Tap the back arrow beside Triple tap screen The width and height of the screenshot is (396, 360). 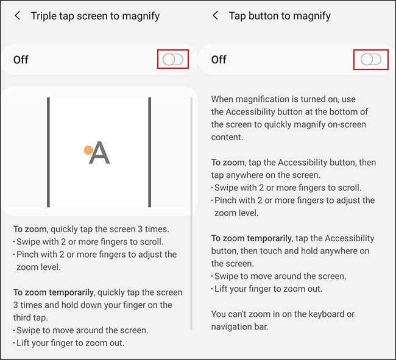pyautogui.click(x=17, y=16)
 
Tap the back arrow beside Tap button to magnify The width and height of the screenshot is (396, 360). pyautogui.click(x=215, y=16)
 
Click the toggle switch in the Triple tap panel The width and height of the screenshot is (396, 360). pyautogui.click(x=173, y=59)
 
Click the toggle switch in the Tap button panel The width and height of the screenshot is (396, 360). pyautogui.click(x=370, y=59)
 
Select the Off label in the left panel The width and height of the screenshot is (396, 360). pyautogui.click(x=21, y=60)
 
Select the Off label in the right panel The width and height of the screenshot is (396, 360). pyautogui.click(x=219, y=60)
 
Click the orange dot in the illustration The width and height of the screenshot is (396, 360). pyautogui.click(x=88, y=150)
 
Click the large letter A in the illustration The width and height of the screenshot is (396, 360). pyautogui.click(x=100, y=153)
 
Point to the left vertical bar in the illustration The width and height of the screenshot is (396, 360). pyautogui.click(x=48, y=152)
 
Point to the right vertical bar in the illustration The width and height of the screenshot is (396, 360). pyautogui.click(x=149, y=152)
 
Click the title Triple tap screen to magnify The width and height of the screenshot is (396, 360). pyautogui.click(x=95, y=16)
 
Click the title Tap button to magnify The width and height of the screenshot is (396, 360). pyautogui.click(x=280, y=16)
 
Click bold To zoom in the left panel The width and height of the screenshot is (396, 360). pyautogui.click(x=30, y=229)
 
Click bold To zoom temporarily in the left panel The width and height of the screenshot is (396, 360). pyautogui.click(x=53, y=292)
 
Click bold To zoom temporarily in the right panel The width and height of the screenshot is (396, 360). pyautogui.click(x=250, y=238)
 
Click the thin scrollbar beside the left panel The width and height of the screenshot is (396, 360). pyautogui.click(x=192, y=213)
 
